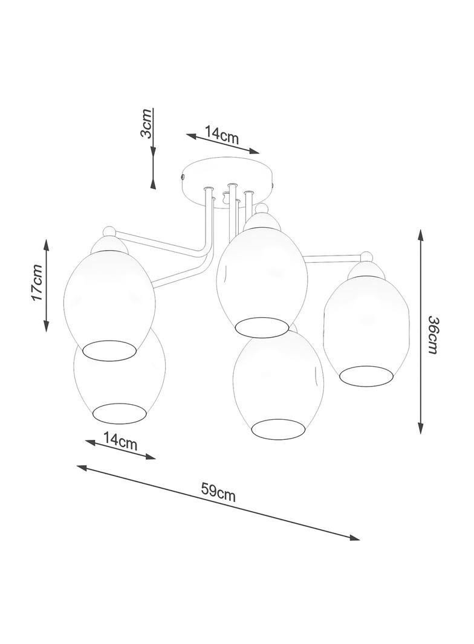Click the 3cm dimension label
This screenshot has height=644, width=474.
[x=146, y=124]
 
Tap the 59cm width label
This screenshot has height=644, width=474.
[x=218, y=491]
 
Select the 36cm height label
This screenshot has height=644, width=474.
[x=433, y=335]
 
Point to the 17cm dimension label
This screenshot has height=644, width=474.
[x=37, y=283]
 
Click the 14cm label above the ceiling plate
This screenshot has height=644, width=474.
[x=222, y=135]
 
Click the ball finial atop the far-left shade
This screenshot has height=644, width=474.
[x=110, y=232]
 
